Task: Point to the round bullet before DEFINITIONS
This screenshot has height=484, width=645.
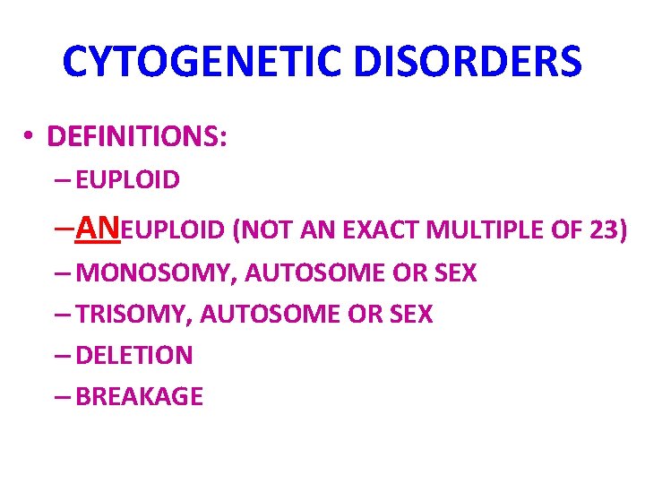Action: coord(30,137)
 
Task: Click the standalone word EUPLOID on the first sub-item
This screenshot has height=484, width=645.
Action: coord(128,180)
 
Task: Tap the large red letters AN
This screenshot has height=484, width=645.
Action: coord(99,229)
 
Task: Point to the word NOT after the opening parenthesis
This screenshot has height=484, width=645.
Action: coord(262,230)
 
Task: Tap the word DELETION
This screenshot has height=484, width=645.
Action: coord(134,355)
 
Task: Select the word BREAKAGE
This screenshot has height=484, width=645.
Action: coord(140,396)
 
